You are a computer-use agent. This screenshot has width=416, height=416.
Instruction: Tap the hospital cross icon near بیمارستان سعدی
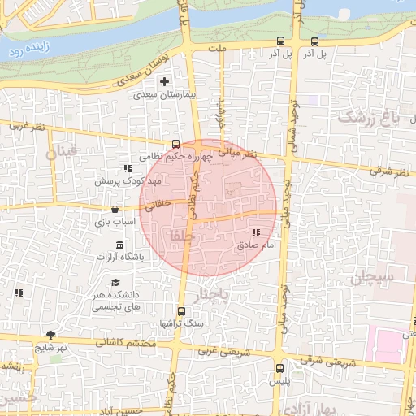click(x=165, y=81)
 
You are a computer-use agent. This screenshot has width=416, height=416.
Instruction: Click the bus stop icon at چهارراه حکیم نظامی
click(x=176, y=145)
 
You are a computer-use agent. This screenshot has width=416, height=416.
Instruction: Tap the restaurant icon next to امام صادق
click(x=257, y=233)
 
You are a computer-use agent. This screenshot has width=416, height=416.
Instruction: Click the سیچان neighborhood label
click(x=373, y=278)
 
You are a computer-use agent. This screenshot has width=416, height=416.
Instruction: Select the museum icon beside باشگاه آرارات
click(x=120, y=245)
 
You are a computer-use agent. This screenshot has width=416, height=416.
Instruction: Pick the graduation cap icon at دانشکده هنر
click(x=115, y=282)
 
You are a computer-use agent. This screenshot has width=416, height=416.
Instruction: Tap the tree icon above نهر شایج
click(x=50, y=335)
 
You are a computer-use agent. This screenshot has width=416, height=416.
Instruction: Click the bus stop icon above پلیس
click(x=279, y=368)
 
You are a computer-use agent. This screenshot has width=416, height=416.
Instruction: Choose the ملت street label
click(x=216, y=49)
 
